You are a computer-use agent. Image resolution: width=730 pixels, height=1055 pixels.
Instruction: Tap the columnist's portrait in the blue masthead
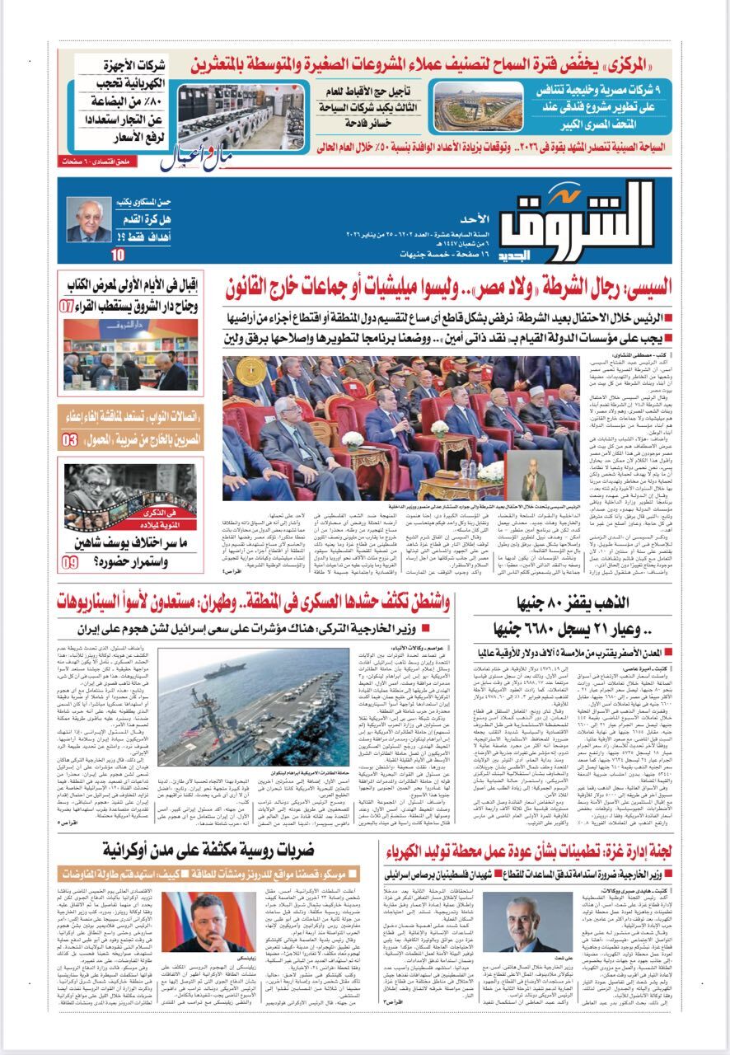pyautogui.click(x=88, y=218)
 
